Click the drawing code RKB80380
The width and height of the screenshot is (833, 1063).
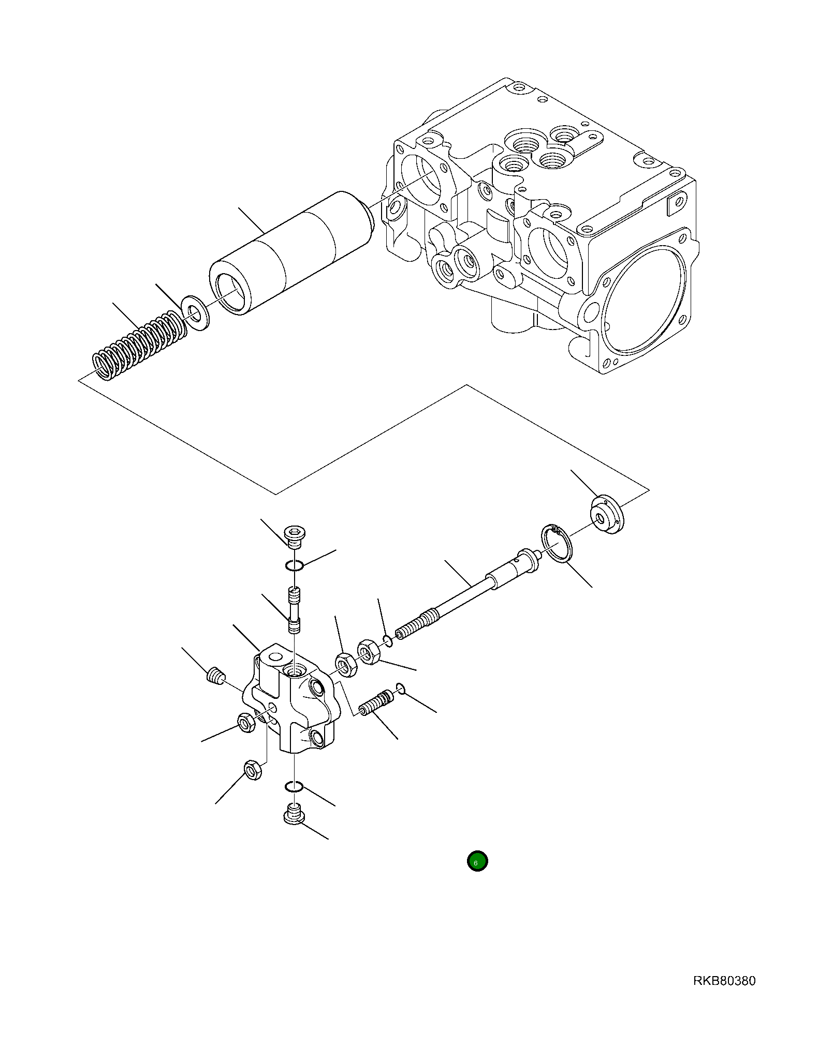(x=724, y=981)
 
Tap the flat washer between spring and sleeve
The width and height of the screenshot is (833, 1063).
(x=196, y=313)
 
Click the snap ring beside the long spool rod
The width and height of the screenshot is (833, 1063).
(x=557, y=543)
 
